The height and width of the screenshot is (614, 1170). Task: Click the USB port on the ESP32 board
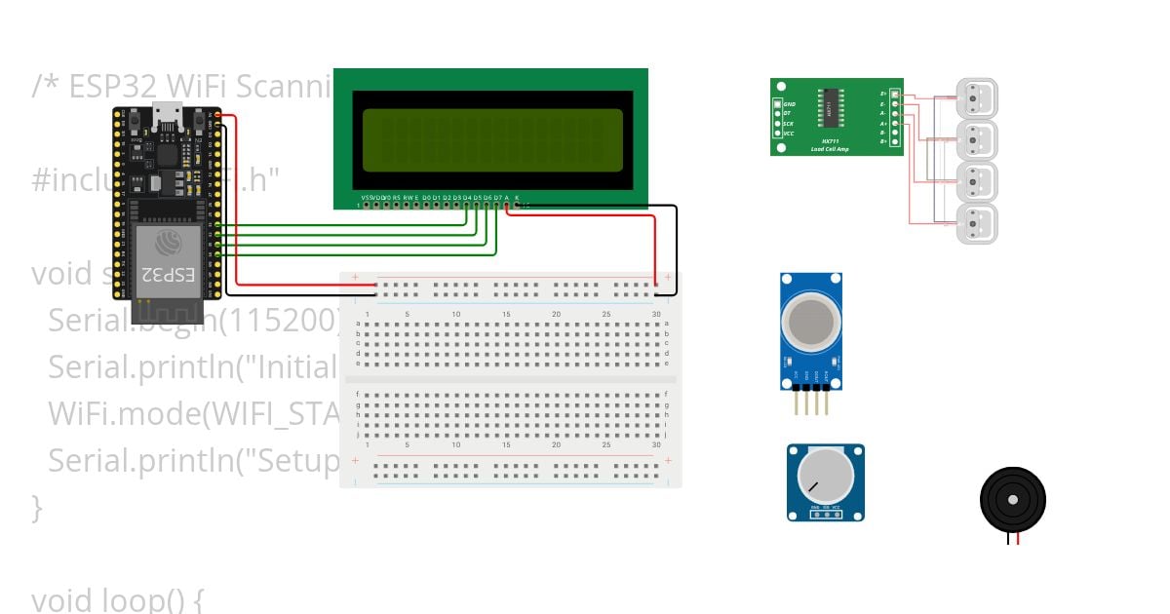[x=167, y=117]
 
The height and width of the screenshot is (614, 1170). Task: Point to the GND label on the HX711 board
[x=790, y=102]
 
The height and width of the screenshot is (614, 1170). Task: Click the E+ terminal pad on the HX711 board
[x=895, y=95]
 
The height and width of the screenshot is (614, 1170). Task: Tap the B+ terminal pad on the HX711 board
[x=895, y=142]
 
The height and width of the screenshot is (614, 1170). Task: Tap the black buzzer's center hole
[x=1013, y=500]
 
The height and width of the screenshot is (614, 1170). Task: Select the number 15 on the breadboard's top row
[x=506, y=314]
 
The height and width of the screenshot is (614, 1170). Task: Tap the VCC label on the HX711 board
[x=789, y=133]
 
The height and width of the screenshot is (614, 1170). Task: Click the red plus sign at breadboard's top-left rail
[x=355, y=278]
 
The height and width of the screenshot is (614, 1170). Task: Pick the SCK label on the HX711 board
[x=789, y=123]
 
